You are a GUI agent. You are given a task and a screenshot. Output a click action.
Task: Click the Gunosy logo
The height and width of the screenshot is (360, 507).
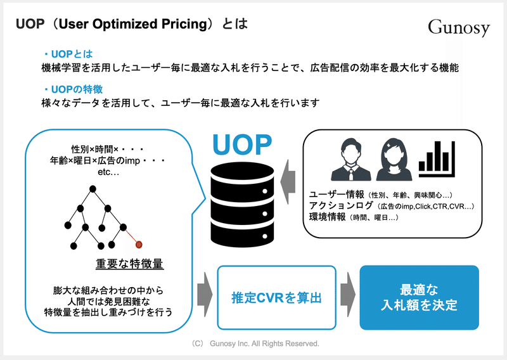(459, 27)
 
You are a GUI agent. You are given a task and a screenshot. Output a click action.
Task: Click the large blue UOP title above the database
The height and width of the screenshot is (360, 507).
(242, 145)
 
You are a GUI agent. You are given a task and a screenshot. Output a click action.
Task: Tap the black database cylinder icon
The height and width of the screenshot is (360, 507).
(242, 205)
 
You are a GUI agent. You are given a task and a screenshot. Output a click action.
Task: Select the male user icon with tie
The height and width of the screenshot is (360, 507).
(351, 160)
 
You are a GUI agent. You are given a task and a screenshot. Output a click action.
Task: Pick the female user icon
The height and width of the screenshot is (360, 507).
(394, 160)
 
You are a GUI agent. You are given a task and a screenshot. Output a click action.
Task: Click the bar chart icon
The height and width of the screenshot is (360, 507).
(437, 159)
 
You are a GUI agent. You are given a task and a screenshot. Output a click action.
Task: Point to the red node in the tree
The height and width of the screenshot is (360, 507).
(139, 245)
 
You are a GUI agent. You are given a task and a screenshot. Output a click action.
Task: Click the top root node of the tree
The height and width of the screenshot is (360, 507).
(93, 189)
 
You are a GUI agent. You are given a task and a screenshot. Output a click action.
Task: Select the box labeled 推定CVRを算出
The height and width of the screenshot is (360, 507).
(276, 298)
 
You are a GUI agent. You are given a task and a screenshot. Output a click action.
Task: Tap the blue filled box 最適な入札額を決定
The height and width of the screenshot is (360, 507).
(419, 298)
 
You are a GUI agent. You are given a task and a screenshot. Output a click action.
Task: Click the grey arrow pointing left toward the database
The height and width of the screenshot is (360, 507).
(288, 182)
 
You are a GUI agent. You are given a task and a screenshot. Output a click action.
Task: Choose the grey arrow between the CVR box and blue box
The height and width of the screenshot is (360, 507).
(347, 295)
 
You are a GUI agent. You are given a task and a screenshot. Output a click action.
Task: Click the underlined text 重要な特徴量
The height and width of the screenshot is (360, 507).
(130, 264)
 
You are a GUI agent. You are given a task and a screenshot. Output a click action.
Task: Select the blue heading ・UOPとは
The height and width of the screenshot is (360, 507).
(68, 54)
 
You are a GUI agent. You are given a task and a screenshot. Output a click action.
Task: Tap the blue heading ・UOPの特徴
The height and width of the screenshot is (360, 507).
(74, 89)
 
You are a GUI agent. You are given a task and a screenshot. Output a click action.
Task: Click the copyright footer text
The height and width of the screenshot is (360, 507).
(255, 344)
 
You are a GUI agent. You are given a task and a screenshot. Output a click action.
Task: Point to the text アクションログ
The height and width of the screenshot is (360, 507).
(341, 205)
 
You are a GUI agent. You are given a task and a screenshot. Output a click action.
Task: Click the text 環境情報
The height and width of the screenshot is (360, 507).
(328, 217)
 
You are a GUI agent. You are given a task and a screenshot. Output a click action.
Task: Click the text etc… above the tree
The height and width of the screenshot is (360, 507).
(108, 172)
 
